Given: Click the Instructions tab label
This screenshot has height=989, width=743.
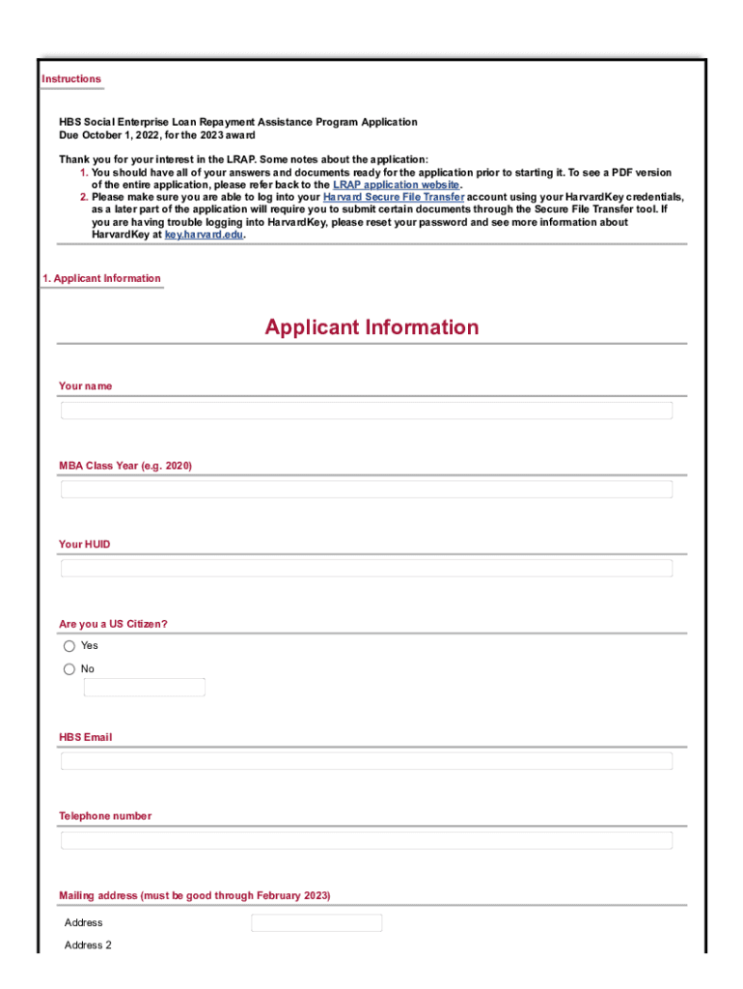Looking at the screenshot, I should click(71, 79).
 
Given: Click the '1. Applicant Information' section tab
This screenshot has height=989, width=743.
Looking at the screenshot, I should click(101, 278).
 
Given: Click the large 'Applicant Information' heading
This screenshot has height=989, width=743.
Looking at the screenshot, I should click(371, 327).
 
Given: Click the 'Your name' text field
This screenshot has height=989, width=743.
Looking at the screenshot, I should click(367, 410).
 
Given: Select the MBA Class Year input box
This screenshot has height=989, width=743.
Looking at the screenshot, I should click(367, 490).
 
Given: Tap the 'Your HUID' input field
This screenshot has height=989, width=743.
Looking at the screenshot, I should click(367, 568).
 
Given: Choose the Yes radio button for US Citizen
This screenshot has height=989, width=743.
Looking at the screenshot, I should click(69, 646).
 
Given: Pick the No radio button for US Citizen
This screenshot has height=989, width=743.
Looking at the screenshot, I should click(69, 669).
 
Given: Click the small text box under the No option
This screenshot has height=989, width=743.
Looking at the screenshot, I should click(145, 688).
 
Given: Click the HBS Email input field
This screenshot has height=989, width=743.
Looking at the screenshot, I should click(367, 761).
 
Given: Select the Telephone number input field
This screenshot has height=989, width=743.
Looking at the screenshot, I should click(367, 840).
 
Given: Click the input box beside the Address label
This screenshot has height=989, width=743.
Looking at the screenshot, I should click(316, 923).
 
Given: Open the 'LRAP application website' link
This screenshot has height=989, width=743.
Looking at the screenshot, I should click(397, 184).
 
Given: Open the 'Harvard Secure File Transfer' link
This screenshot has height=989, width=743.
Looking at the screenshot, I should click(394, 196).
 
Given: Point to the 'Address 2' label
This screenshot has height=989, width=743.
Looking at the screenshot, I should click(88, 946).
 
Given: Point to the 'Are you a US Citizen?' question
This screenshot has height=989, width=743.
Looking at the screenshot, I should click(113, 624).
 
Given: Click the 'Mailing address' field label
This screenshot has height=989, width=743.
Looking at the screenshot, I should click(194, 896).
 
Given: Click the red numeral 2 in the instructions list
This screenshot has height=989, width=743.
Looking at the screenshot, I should click(83, 196).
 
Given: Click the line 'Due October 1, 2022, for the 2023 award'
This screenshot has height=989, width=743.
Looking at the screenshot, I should click(157, 135).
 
